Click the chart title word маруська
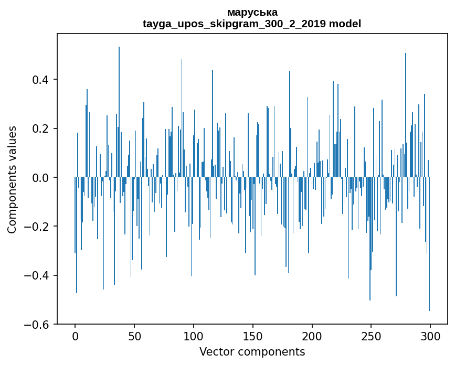252,12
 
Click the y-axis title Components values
12,179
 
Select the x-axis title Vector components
252,351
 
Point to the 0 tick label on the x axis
75,336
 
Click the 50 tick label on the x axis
134,336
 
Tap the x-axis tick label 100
194,336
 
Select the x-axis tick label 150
253,336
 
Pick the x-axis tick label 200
312,336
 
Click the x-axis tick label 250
371,336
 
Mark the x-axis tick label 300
430,336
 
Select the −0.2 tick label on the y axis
38,227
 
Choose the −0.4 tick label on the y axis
38,276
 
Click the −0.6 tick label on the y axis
38,325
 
